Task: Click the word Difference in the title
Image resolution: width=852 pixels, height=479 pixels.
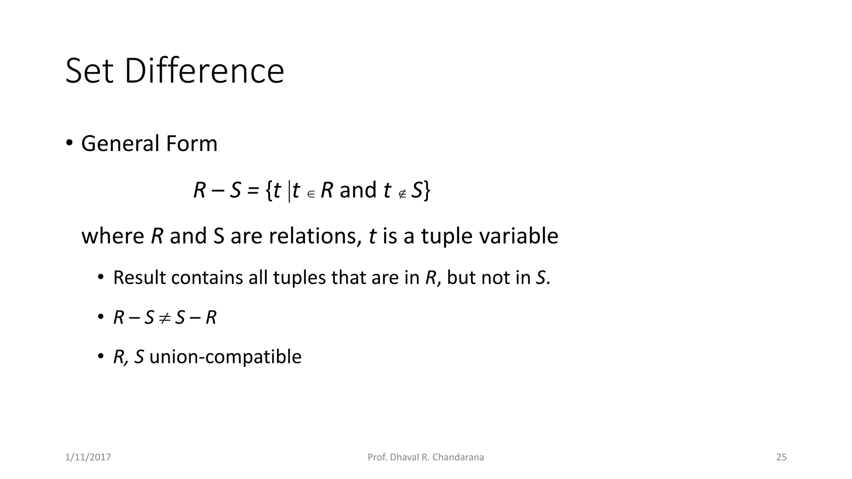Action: pos(204,71)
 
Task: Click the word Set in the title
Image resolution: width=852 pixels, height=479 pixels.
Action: pos(89,71)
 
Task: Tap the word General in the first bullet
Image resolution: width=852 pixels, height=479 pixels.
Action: pos(121,144)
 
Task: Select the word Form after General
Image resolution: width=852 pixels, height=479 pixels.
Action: pos(191,144)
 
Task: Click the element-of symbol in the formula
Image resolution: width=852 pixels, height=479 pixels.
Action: pos(311,194)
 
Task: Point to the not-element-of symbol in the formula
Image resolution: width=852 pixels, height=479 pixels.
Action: pos(402,194)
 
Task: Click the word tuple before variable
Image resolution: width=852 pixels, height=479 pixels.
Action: pos(447,237)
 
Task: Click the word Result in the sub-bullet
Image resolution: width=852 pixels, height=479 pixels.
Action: pos(139,278)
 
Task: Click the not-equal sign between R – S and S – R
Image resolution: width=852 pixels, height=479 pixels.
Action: pos(165,318)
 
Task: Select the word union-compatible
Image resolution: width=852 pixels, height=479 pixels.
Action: pos(225,357)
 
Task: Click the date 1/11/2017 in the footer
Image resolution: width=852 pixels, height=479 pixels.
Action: pos(88,457)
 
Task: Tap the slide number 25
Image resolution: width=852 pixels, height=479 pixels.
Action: pos(781,457)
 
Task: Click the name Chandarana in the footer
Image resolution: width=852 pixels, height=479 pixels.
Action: pos(458,457)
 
